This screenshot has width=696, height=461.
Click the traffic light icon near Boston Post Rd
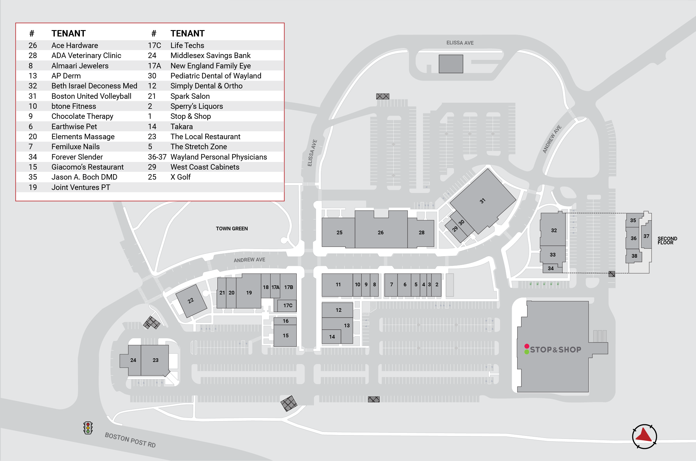coord(88,428)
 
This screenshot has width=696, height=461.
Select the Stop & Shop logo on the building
coord(553,349)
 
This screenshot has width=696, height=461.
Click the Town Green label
coord(232,229)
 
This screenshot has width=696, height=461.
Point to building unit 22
coord(191,301)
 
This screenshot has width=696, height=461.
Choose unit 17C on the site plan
coord(288,305)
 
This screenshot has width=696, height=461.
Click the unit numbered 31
coord(483,201)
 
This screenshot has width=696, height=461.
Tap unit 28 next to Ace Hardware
coord(421,232)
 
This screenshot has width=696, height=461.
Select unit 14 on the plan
coord(332,337)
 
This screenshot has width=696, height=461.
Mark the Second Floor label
coord(667,240)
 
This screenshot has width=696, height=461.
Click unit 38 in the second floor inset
coord(634,256)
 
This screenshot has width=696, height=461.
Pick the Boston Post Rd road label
coord(130,440)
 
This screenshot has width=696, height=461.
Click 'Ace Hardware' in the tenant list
coord(75,46)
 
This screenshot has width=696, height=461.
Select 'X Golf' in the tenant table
coord(180,177)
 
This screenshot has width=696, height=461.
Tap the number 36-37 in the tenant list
coord(157,157)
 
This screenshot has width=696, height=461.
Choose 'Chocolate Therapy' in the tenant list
coord(82,116)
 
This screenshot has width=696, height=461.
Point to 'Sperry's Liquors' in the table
coord(196,106)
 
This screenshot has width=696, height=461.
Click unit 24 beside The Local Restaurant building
coord(133,360)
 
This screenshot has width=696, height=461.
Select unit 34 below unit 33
coord(551,268)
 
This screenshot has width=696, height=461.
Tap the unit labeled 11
coord(338,284)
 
